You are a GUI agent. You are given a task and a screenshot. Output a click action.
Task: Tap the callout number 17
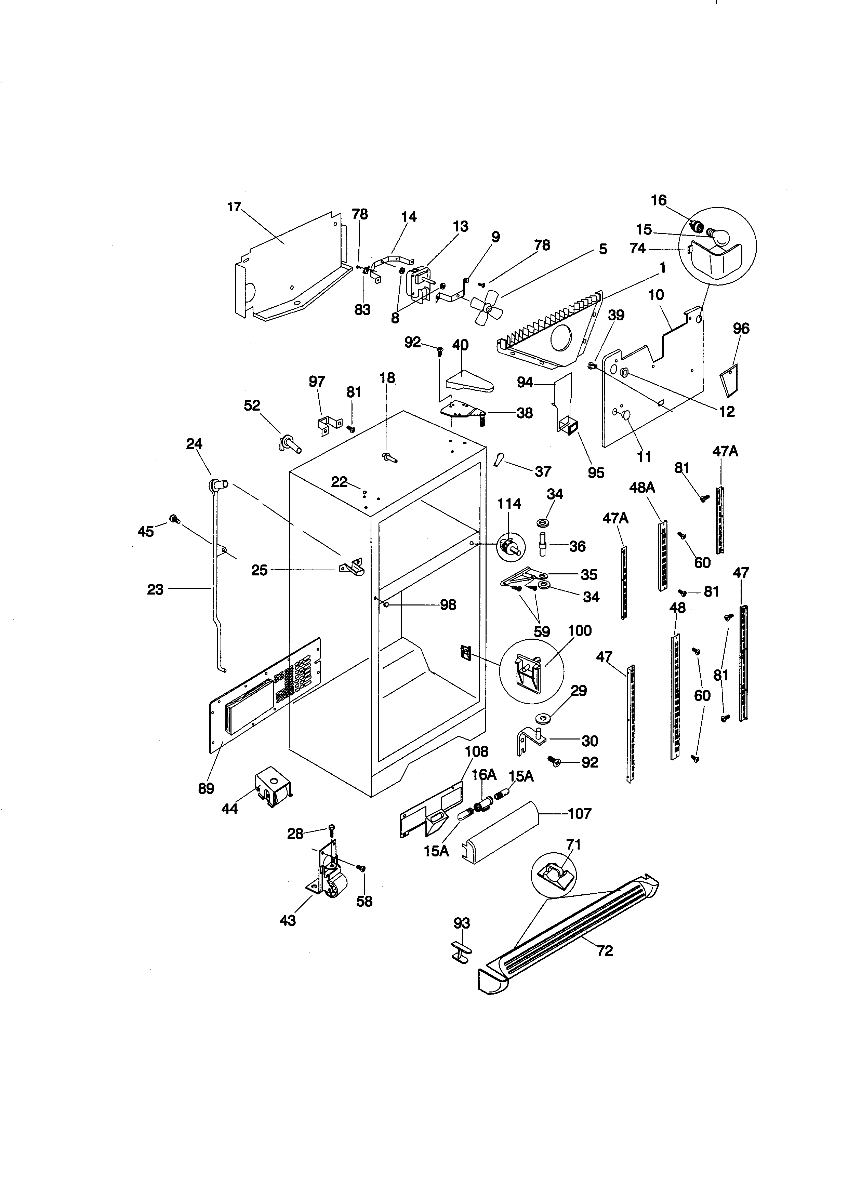click(235, 207)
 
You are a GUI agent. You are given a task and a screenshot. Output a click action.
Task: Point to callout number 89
click(206, 788)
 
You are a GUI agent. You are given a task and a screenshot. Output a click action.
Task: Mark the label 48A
click(642, 488)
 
